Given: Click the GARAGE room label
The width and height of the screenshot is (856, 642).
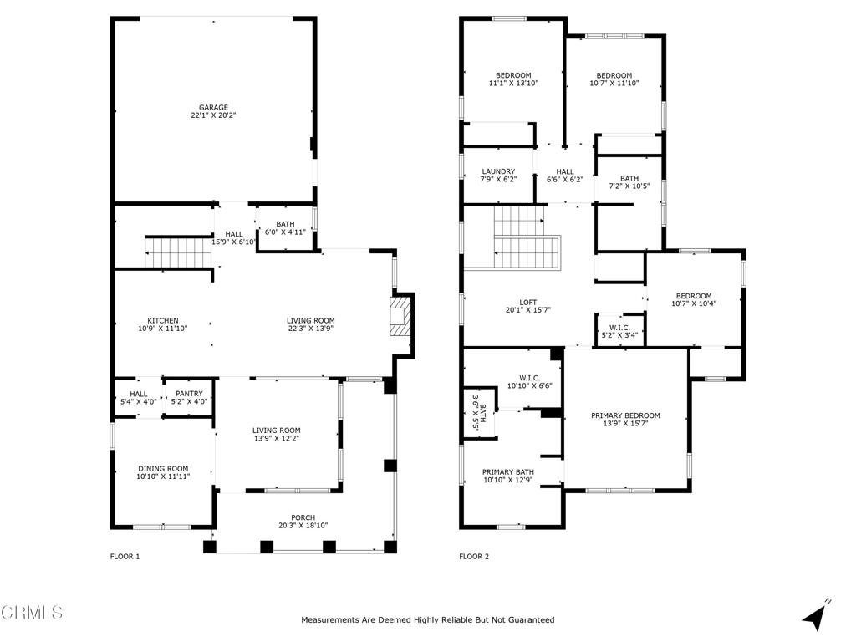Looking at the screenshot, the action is click(213, 108).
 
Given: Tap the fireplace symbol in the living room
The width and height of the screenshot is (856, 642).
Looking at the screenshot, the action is click(399, 316).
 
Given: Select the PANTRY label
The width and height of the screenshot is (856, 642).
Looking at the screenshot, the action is click(189, 394).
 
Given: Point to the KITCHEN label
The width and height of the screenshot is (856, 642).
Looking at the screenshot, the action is click(163, 320).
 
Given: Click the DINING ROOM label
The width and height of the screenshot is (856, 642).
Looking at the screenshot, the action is click(163, 468).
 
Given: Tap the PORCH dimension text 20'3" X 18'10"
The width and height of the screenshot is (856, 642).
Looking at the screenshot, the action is click(303, 526).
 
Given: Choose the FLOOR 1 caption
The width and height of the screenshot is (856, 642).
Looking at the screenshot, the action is click(125, 556).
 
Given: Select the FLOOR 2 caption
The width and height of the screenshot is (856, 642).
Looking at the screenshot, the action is click(474, 556).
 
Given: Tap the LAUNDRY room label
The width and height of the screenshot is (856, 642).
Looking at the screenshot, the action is click(498, 171).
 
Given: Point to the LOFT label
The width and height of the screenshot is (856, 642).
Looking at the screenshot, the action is click(528, 302).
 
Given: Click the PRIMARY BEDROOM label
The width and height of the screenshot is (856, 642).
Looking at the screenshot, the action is click(625, 415).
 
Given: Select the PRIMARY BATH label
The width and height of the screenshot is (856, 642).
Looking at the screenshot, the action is click(508, 472).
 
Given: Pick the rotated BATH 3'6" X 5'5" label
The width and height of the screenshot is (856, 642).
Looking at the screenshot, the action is click(479, 414).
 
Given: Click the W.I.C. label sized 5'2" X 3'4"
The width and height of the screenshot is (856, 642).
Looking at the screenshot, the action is click(619, 331).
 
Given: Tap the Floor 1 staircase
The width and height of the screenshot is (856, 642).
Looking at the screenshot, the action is click(178, 252).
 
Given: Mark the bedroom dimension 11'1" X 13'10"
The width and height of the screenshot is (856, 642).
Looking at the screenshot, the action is click(514, 83).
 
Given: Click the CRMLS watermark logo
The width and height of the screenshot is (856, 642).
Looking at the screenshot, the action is click(32, 612).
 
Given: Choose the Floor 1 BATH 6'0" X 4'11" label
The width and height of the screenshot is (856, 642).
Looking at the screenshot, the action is click(285, 227).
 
